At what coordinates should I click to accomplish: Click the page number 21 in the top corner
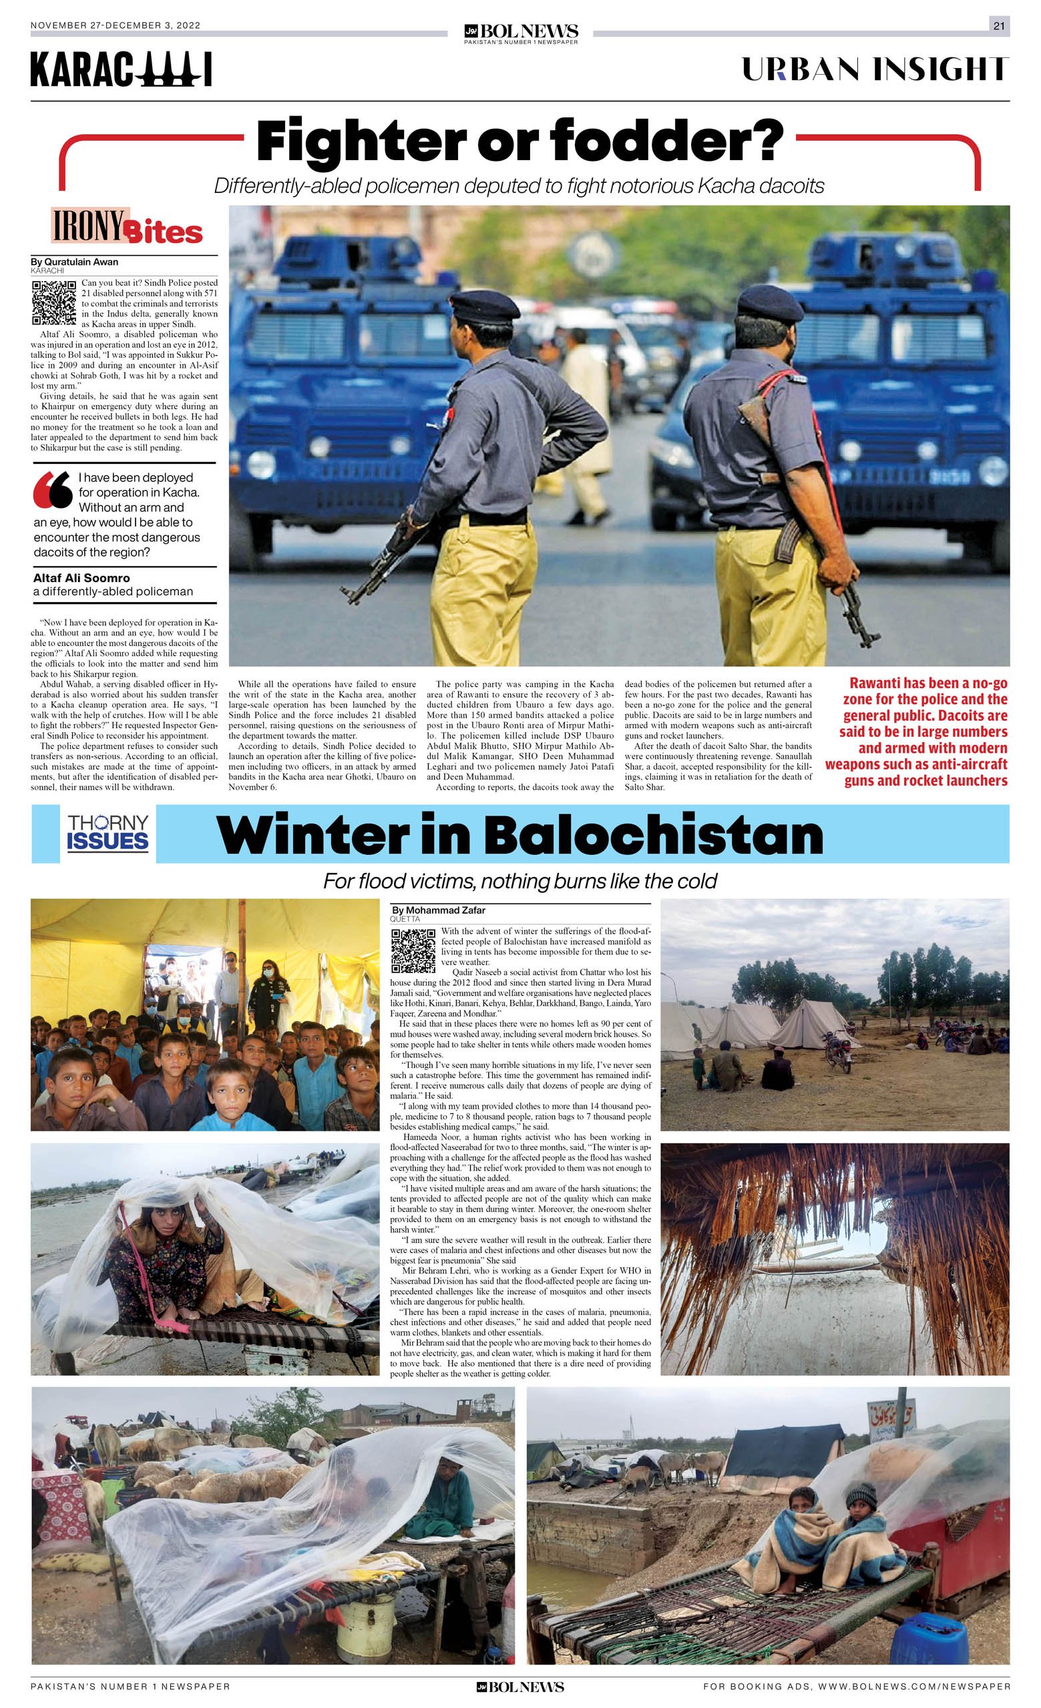click(x=999, y=25)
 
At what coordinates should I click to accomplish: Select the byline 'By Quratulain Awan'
click(x=74, y=262)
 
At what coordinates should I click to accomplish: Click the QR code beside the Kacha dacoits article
click(x=53, y=303)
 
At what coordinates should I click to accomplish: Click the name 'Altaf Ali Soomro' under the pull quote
click(x=81, y=577)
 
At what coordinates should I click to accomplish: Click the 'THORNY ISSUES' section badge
click(x=108, y=832)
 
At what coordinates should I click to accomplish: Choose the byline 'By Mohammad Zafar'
click(x=438, y=910)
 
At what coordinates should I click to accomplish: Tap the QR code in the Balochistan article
click(x=413, y=950)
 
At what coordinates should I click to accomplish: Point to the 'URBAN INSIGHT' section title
click(x=874, y=69)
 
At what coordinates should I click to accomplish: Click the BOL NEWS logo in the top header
click(x=520, y=33)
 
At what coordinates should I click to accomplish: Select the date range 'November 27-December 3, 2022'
click(x=115, y=25)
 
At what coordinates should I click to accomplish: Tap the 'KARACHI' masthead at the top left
click(x=121, y=70)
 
